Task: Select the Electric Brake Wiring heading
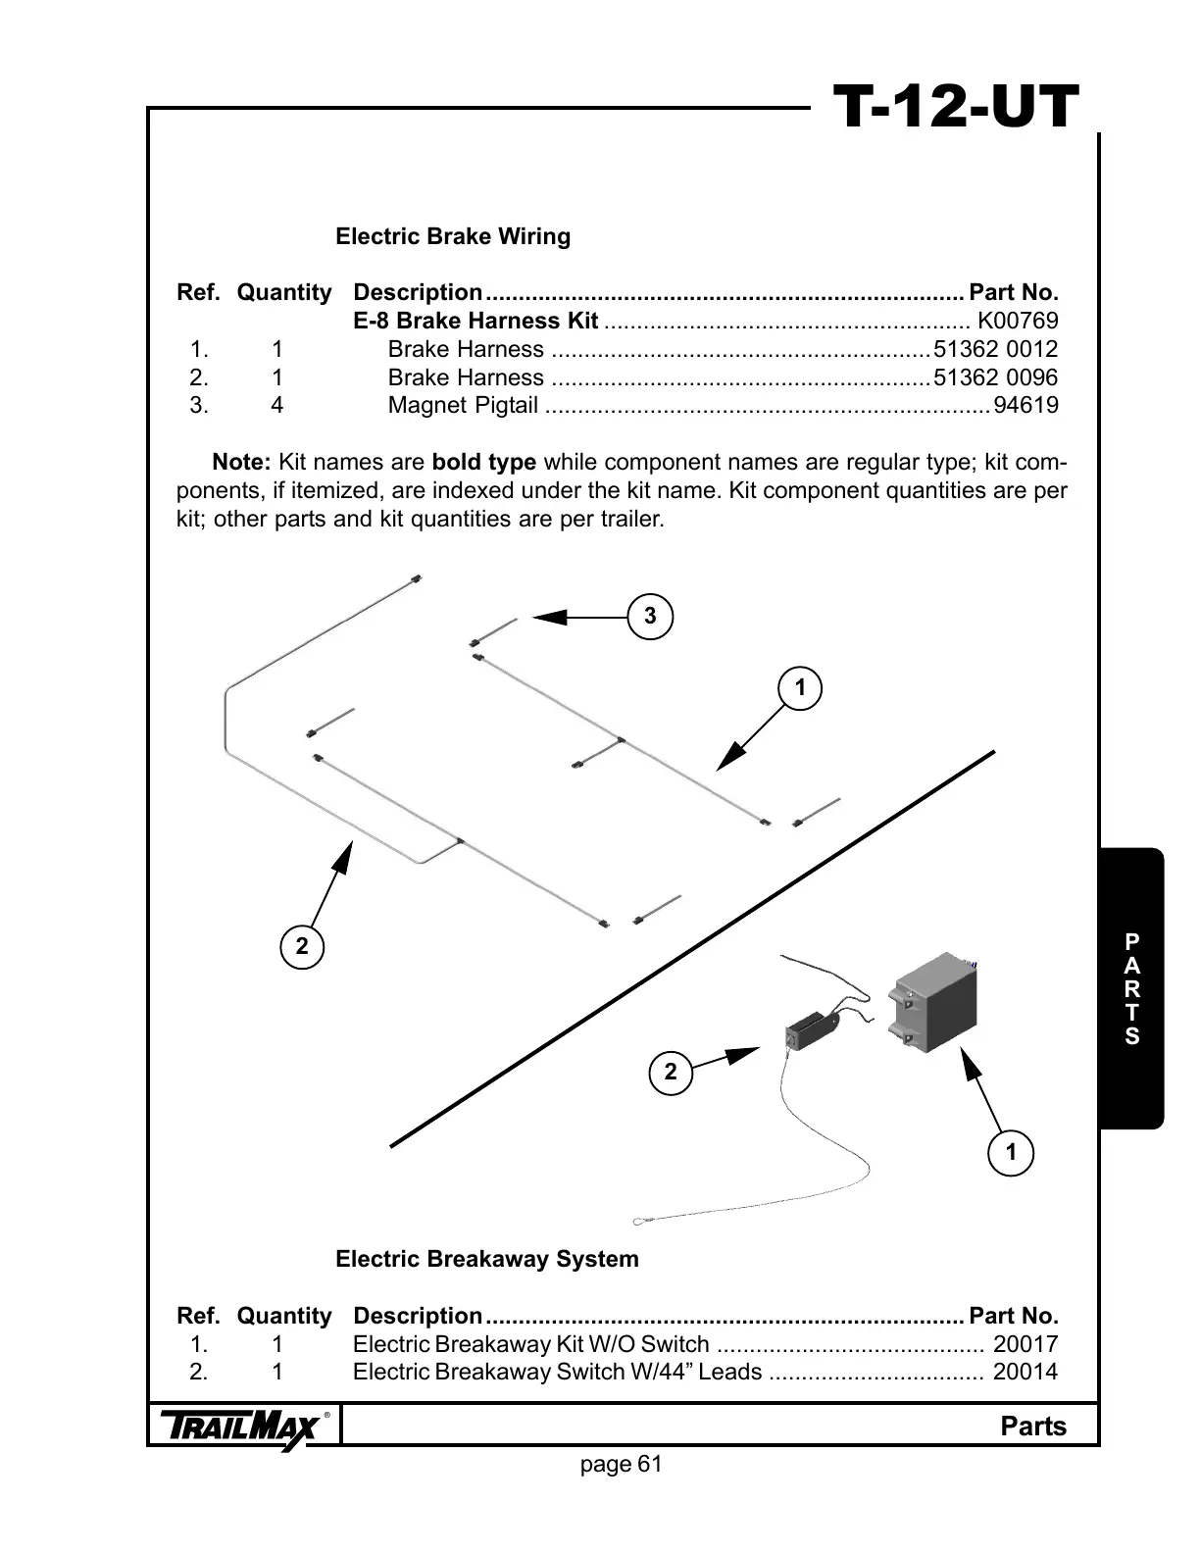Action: tap(453, 236)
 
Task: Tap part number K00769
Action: tap(1018, 321)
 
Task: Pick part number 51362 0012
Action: tap(996, 349)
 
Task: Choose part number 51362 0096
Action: tap(996, 377)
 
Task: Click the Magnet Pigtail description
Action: tap(463, 405)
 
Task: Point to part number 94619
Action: tap(1025, 405)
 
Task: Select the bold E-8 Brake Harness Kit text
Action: tap(475, 321)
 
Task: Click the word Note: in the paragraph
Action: tap(241, 462)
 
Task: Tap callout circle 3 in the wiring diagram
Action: tap(650, 617)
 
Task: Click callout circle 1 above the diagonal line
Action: tap(800, 688)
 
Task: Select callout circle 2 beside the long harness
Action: tap(302, 946)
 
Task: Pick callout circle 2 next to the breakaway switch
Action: tap(671, 1072)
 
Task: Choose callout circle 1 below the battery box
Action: tap(1012, 1152)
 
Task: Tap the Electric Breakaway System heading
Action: tap(487, 1259)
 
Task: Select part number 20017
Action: tap(1025, 1344)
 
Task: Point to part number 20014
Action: tap(1025, 1372)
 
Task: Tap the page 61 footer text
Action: tap(622, 1464)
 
